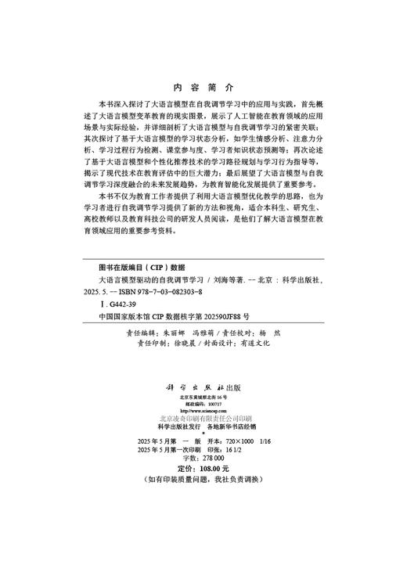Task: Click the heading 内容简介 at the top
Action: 203,88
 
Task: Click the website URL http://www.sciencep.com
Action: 203,410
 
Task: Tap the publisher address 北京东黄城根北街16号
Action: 203,398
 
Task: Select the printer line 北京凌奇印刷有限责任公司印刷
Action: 203,419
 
